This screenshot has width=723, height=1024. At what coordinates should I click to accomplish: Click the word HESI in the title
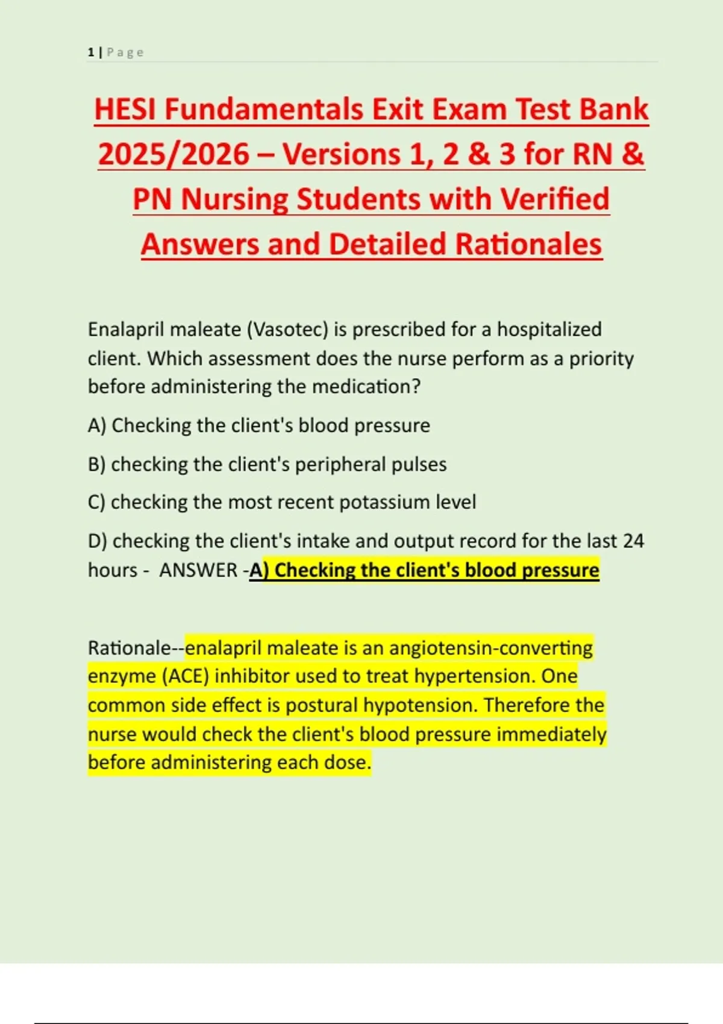point(125,110)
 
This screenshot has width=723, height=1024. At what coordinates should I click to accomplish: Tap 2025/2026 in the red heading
point(174,154)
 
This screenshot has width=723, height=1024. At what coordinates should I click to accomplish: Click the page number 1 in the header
point(91,52)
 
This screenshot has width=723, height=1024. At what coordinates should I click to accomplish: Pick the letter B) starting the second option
point(96,464)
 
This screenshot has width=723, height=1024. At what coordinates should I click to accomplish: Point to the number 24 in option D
point(633,541)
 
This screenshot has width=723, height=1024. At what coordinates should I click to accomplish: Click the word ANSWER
point(198,570)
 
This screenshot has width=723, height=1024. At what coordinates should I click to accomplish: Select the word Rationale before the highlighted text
point(130,648)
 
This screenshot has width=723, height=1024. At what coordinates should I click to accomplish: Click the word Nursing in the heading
point(234,199)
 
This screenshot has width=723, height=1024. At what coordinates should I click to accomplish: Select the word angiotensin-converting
point(491,648)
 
